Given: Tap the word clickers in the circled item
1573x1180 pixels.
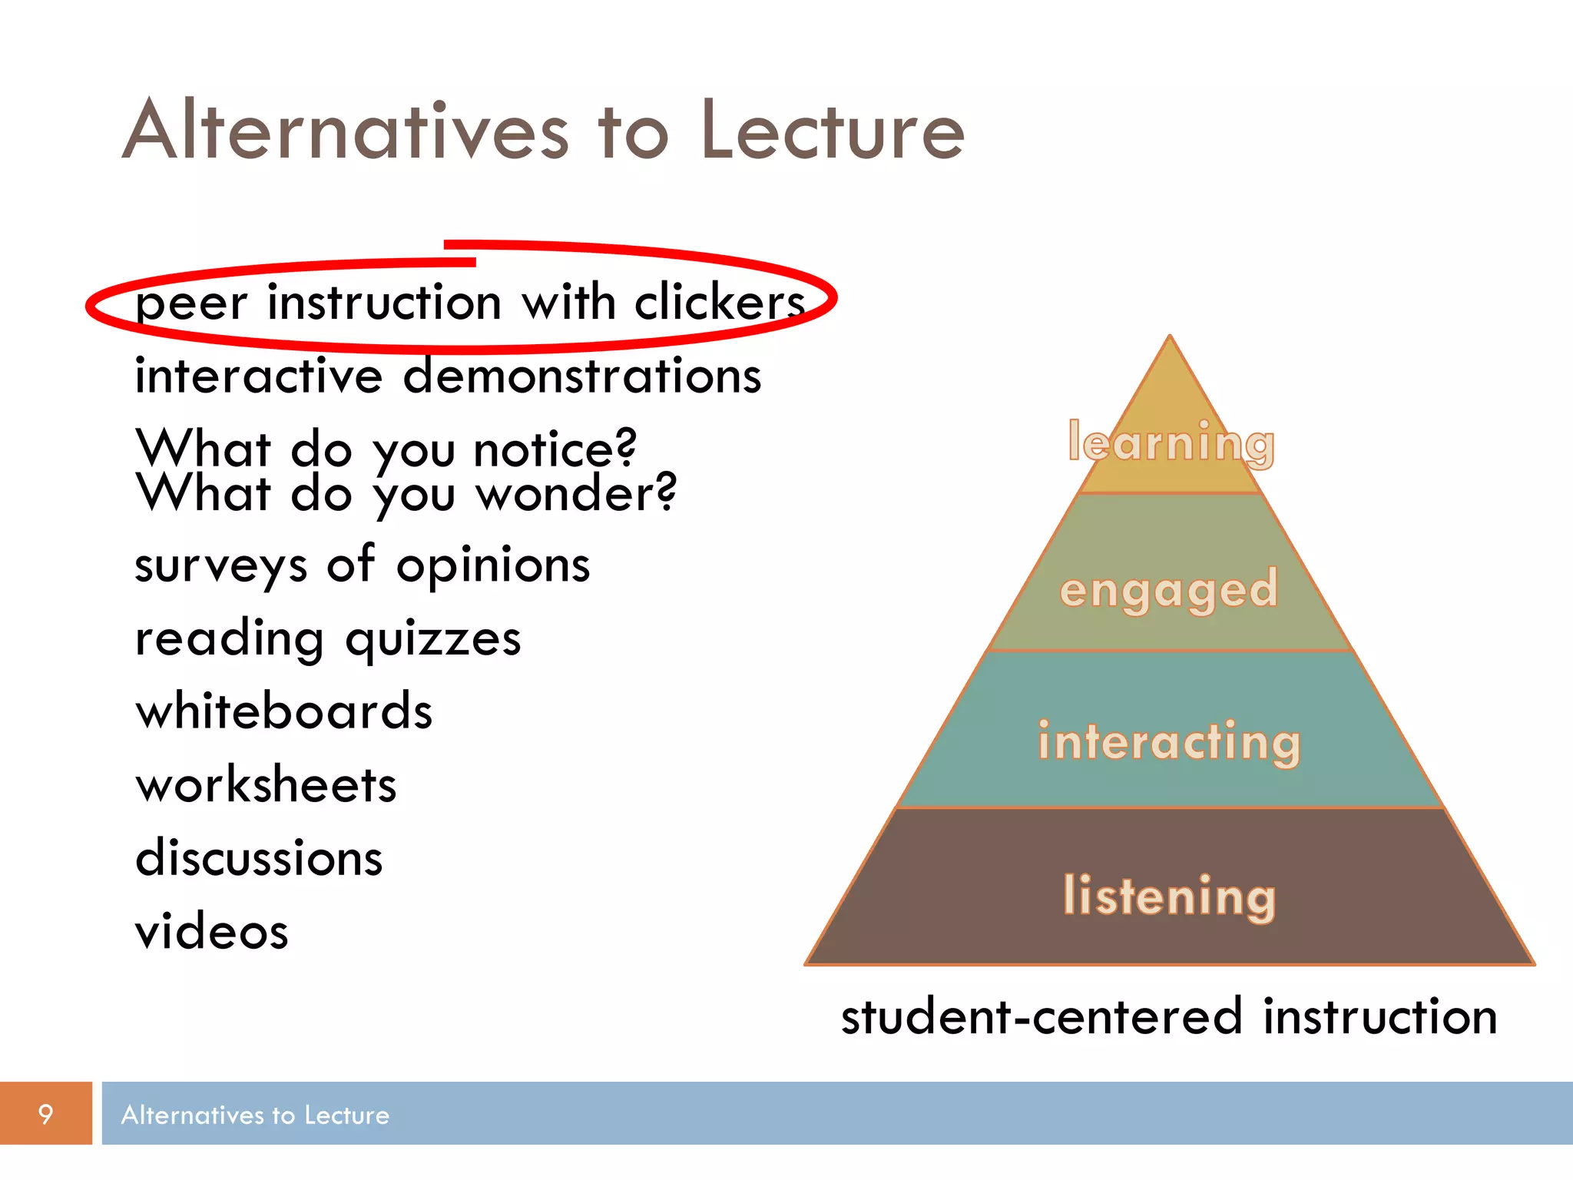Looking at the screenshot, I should pyautogui.click(x=720, y=301).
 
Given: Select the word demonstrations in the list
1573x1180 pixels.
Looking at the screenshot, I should pyautogui.click(x=582, y=376).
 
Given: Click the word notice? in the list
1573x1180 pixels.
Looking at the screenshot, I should pyautogui.click(x=555, y=449).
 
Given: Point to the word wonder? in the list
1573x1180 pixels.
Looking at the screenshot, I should pyautogui.click(x=576, y=493).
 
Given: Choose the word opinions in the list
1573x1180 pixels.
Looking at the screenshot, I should pyautogui.click(x=493, y=566).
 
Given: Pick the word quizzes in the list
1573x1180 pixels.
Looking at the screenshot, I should pyautogui.click(x=433, y=639).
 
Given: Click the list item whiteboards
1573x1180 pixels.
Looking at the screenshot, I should pyautogui.click(x=284, y=711).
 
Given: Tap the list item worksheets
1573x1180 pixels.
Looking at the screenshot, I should pyautogui.click(x=266, y=785).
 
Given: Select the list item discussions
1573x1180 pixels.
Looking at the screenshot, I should pyautogui.click(x=259, y=858).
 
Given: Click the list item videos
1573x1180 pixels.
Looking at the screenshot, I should pyautogui.click(x=212, y=932).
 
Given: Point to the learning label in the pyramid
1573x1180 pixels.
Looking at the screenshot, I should pyautogui.click(x=1171, y=443).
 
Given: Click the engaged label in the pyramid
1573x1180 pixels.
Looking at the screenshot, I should pyautogui.click(x=1169, y=590).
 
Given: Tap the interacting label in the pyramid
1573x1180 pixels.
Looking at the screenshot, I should pyautogui.click(x=1169, y=742).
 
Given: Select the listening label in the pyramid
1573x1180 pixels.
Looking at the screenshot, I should pyautogui.click(x=1169, y=896).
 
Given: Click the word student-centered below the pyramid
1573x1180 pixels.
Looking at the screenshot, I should pyautogui.click(x=1041, y=1016).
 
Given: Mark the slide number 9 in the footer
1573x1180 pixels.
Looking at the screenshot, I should pyautogui.click(x=45, y=1114).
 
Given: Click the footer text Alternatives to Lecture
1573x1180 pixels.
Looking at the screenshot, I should pyautogui.click(x=255, y=1115).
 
